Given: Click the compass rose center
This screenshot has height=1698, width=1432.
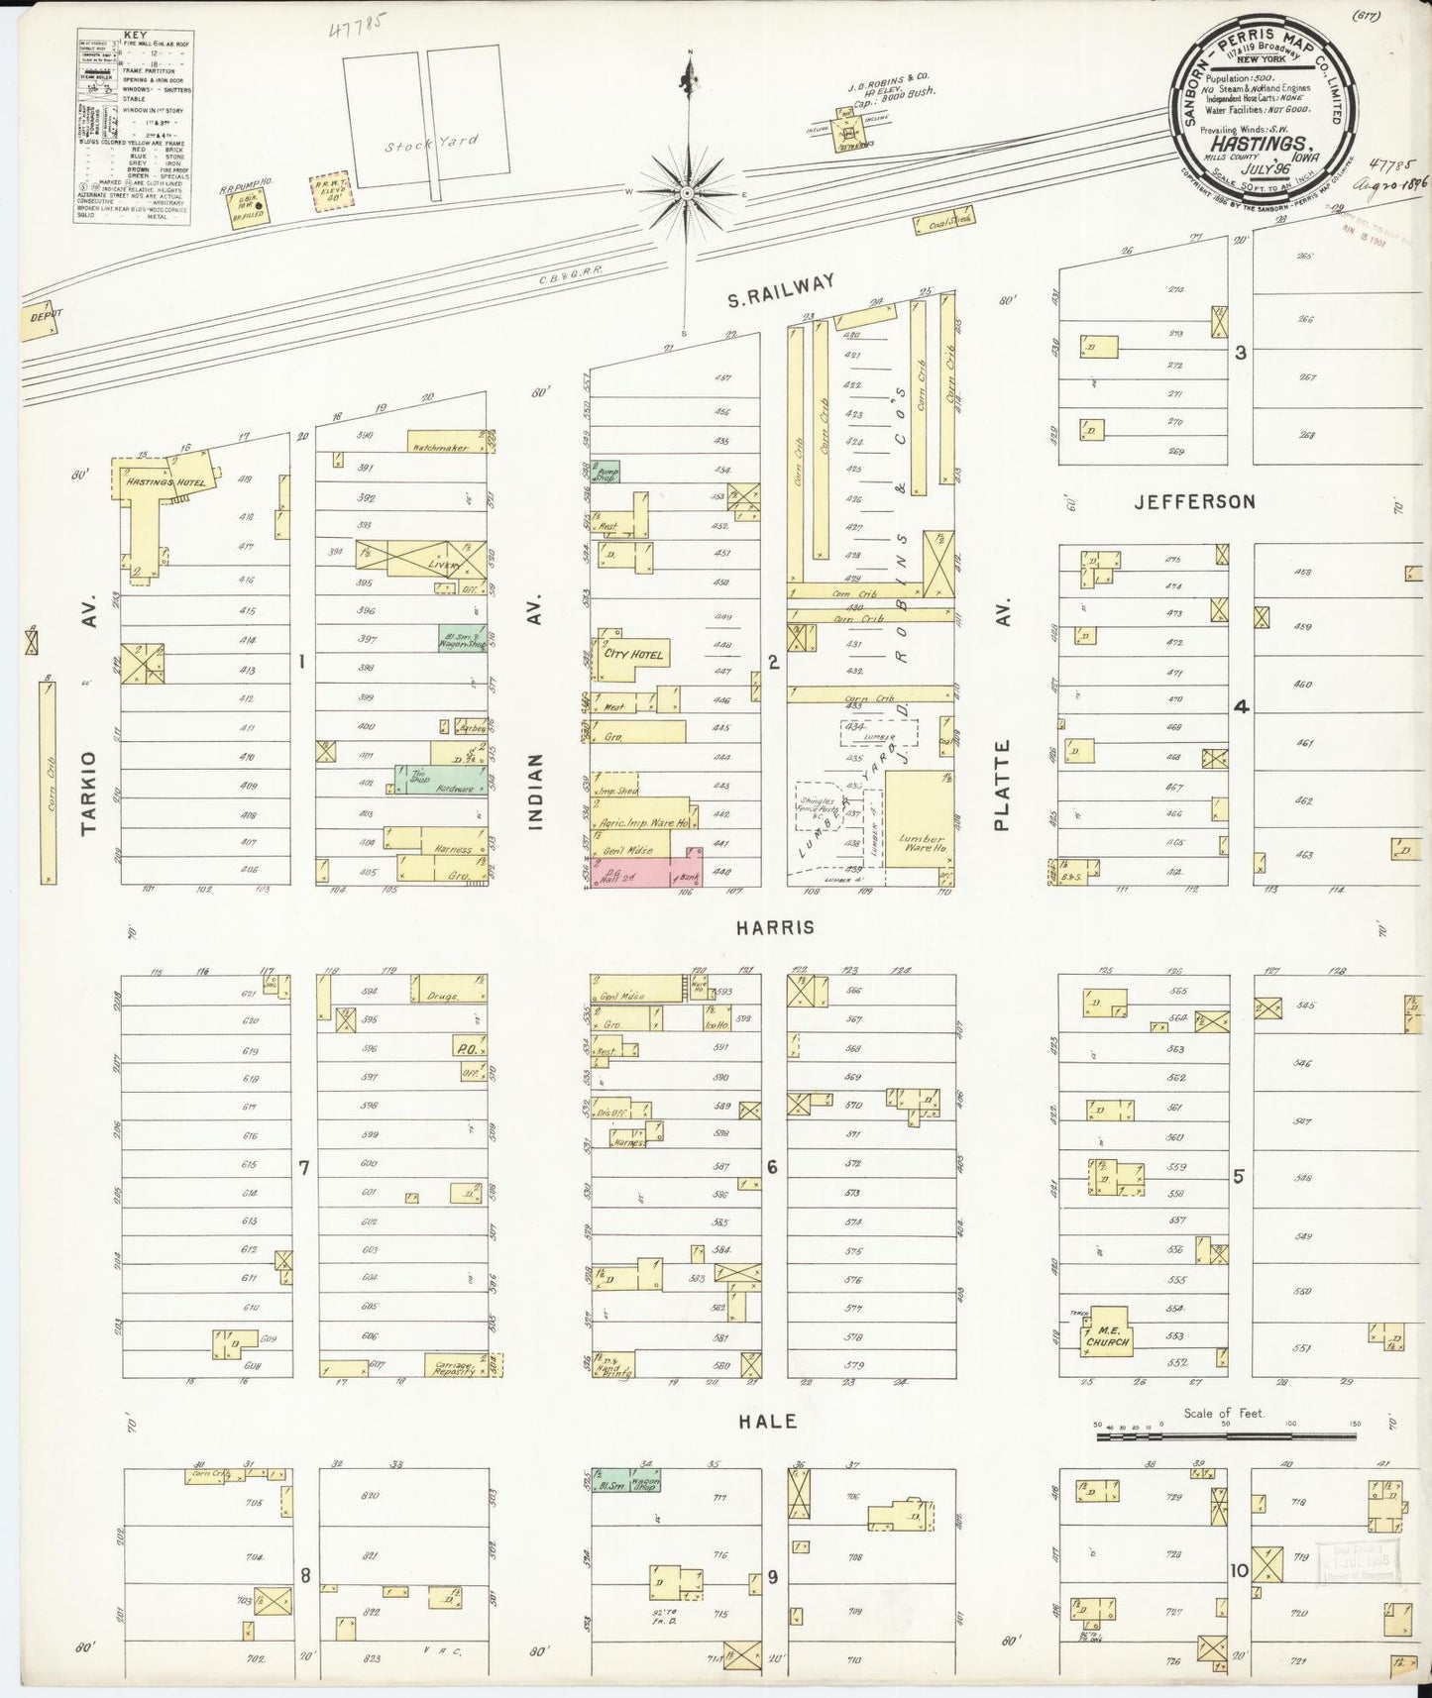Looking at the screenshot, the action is click(x=686, y=194).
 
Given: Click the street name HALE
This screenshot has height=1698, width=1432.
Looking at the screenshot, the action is click(x=769, y=1421).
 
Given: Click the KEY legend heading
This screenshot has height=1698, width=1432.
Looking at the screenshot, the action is click(x=134, y=35).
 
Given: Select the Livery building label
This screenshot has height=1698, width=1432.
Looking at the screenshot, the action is click(x=444, y=565).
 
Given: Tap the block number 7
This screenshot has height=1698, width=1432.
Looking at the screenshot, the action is click(x=304, y=1168).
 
